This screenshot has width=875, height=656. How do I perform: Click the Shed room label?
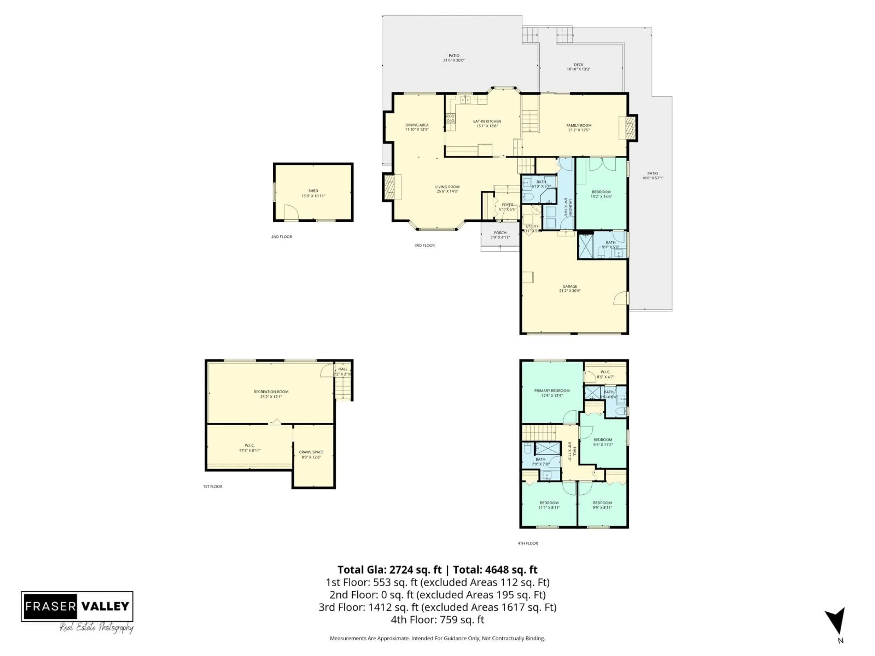pos(313,191)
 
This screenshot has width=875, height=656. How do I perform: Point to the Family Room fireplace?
pos(630,128)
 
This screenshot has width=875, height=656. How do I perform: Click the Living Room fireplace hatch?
pos(389,187)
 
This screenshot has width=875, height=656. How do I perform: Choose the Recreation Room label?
pos(271,392)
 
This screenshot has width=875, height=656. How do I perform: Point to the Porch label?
pos(500,233)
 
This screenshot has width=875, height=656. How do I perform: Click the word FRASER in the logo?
pos(50,606)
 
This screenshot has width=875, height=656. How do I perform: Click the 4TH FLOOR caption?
pos(528,543)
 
